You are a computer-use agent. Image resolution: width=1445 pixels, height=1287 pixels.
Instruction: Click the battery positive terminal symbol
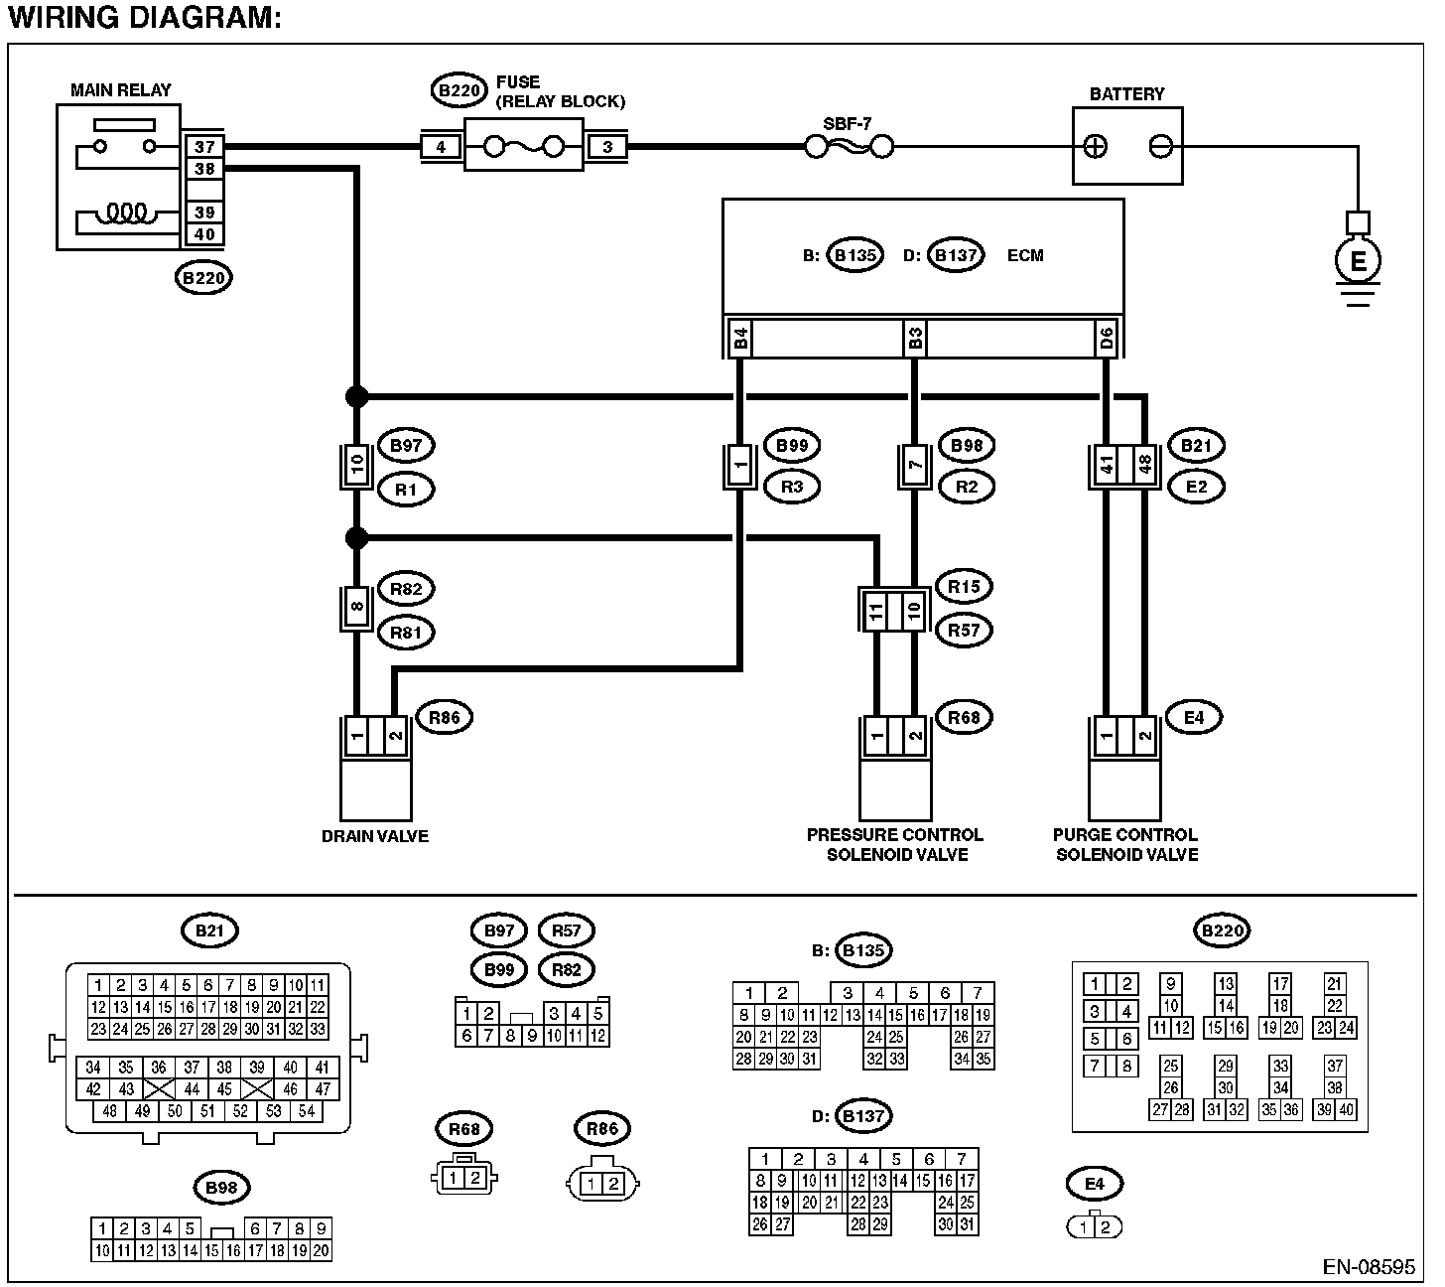click(1096, 147)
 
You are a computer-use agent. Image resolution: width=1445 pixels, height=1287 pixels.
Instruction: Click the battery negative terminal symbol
click(1160, 147)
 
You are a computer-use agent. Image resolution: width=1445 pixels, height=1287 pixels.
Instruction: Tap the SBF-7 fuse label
click(847, 125)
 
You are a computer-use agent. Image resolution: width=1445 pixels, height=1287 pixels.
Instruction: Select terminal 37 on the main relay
click(204, 147)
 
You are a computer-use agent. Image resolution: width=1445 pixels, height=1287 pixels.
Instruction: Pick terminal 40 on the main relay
click(204, 235)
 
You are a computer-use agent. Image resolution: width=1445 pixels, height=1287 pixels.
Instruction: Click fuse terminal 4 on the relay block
click(441, 148)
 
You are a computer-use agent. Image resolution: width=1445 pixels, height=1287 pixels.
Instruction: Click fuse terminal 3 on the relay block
click(607, 148)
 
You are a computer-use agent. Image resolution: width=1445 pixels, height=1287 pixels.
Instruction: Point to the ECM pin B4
click(740, 340)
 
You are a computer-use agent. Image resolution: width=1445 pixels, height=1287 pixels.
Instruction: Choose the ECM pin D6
click(1107, 340)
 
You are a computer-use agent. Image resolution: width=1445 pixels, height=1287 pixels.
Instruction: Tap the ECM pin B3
click(915, 340)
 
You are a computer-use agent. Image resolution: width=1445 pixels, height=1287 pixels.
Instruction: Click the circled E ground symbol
click(1359, 261)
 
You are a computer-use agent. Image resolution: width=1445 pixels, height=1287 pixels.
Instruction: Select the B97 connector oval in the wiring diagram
click(406, 446)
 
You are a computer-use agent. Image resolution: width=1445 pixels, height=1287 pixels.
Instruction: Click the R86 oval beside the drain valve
click(444, 717)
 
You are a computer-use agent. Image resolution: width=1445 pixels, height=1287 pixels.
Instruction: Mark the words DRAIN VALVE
click(375, 836)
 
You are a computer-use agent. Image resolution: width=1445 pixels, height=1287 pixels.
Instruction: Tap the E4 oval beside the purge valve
click(1194, 717)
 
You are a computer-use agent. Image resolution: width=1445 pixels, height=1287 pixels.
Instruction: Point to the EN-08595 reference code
click(1369, 1267)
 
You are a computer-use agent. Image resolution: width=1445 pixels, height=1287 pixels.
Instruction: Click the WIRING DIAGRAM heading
click(145, 17)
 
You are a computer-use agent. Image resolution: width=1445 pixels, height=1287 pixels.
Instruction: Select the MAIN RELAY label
click(120, 90)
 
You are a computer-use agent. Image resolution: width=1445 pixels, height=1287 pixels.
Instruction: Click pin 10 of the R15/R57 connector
click(913, 609)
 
